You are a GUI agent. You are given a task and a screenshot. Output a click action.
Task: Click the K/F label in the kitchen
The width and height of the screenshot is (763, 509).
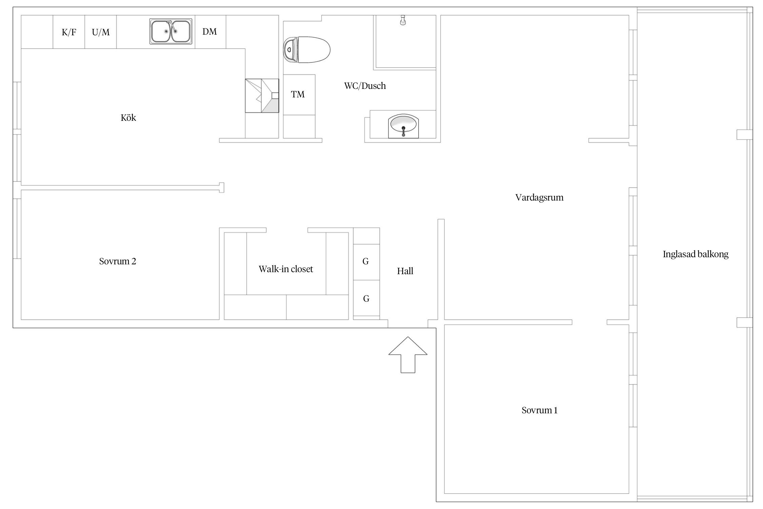point(69,32)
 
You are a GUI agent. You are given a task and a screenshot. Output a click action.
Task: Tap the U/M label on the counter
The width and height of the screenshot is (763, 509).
point(101,32)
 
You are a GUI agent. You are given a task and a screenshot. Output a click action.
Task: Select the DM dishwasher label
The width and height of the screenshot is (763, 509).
point(210,32)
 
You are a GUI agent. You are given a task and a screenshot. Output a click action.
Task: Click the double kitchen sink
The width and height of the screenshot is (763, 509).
point(171,31)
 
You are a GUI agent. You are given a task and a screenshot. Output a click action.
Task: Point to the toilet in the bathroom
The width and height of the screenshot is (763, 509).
point(307,50)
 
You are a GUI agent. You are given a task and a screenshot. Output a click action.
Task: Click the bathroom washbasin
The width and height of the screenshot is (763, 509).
point(404,126)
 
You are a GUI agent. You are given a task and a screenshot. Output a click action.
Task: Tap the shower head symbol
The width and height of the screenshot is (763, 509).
point(403,20)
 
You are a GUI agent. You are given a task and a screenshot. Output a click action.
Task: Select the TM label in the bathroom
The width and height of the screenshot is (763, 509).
point(298,94)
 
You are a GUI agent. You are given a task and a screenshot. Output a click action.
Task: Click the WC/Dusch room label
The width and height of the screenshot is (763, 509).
point(365,86)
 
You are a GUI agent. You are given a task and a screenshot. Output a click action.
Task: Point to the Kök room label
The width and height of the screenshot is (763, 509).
point(128,118)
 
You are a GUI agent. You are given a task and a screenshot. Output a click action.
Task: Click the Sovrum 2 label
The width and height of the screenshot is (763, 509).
point(118,261)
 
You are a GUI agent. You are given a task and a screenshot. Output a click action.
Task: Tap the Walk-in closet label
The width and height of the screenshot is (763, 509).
point(286,269)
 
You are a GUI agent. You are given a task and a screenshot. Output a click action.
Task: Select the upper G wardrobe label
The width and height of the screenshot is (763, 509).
point(366,261)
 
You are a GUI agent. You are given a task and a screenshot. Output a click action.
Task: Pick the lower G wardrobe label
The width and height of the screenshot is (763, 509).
point(366,299)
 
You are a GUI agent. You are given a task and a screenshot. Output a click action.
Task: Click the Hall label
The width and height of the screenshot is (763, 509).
point(405,271)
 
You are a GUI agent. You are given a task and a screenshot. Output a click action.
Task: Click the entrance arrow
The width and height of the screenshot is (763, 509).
point(408,355)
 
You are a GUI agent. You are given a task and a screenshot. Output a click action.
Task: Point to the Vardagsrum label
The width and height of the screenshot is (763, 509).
point(540,198)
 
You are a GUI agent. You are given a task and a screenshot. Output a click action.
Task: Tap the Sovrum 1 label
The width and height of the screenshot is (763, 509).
point(540,410)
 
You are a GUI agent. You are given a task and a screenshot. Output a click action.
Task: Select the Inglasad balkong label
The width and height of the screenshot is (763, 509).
point(696,254)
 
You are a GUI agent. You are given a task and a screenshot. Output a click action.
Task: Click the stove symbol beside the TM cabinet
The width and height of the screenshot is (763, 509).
point(262,96)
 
